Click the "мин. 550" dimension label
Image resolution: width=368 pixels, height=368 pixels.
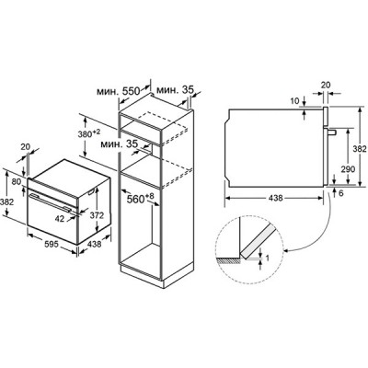pyautogui.click(x=119, y=91)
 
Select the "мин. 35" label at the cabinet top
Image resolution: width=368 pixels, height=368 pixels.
pyautogui.click(x=175, y=90)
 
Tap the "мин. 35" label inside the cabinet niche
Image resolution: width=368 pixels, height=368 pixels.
pyautogui.click(x=119, y=144)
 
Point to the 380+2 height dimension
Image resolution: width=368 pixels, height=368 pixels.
pyautogui.click(x=89, y=133)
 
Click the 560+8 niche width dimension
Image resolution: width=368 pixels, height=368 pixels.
pyautogui.click(x=140, y=199)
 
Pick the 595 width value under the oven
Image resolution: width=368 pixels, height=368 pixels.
pyautogui.click(x=52, y=244)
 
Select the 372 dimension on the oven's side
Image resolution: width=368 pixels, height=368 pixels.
pyautogui.click(x=97, y=215)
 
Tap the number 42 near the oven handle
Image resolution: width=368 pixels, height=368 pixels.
pyautogui.click(x=60, y=218)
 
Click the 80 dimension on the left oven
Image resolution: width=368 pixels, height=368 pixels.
pyautogui.click(x=17, y=181)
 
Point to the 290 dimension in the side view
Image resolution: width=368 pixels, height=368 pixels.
pyautogui.click(x=348, y=169)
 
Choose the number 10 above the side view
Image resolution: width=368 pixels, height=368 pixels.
pyautogui.click(x=294, y=101)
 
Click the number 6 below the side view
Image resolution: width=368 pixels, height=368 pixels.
pyautogui.click(x=341, y=193)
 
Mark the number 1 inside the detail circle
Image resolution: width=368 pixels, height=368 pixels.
pyautogui.click(x=267, y=258)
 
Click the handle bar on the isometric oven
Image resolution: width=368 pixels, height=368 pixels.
pyautogui.click(x=50, y=201)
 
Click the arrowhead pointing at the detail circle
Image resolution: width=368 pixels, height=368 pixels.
pyautogui.click(x=286, y=251)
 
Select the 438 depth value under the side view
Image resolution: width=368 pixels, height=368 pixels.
pyautogui.click(x=275, y=198)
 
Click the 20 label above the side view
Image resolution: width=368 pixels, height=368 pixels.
pyautogui.click(x=326, y=85)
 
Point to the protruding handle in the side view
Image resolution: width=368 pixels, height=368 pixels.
pyautogui.click(x=332, y=132)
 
